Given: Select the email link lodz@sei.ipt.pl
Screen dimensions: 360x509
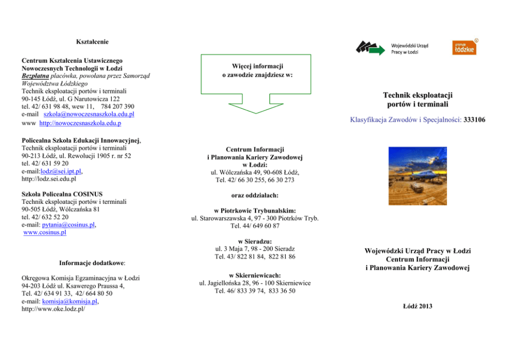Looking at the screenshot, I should point(61,172).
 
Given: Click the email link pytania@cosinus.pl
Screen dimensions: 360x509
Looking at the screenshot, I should point(70,225).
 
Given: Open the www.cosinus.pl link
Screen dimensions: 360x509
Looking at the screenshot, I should point(45,233).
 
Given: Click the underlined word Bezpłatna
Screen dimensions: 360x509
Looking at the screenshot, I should point(35,75).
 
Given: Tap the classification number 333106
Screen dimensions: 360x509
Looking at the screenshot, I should point(474,120).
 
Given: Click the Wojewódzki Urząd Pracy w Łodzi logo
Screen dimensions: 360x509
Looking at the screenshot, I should point(392,48).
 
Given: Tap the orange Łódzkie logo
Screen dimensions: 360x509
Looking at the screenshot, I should point(463,47).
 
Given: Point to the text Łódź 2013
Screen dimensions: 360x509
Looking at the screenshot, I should point(418,306).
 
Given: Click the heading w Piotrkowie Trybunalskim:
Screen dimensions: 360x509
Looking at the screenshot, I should point(254,211).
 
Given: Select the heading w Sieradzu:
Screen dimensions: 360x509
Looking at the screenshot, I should point(254,241).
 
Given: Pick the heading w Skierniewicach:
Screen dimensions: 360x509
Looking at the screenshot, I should point(254,275).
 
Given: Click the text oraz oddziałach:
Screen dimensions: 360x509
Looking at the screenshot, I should point(254,195).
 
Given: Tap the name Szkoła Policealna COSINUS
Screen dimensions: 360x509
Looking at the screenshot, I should point(62,194).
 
